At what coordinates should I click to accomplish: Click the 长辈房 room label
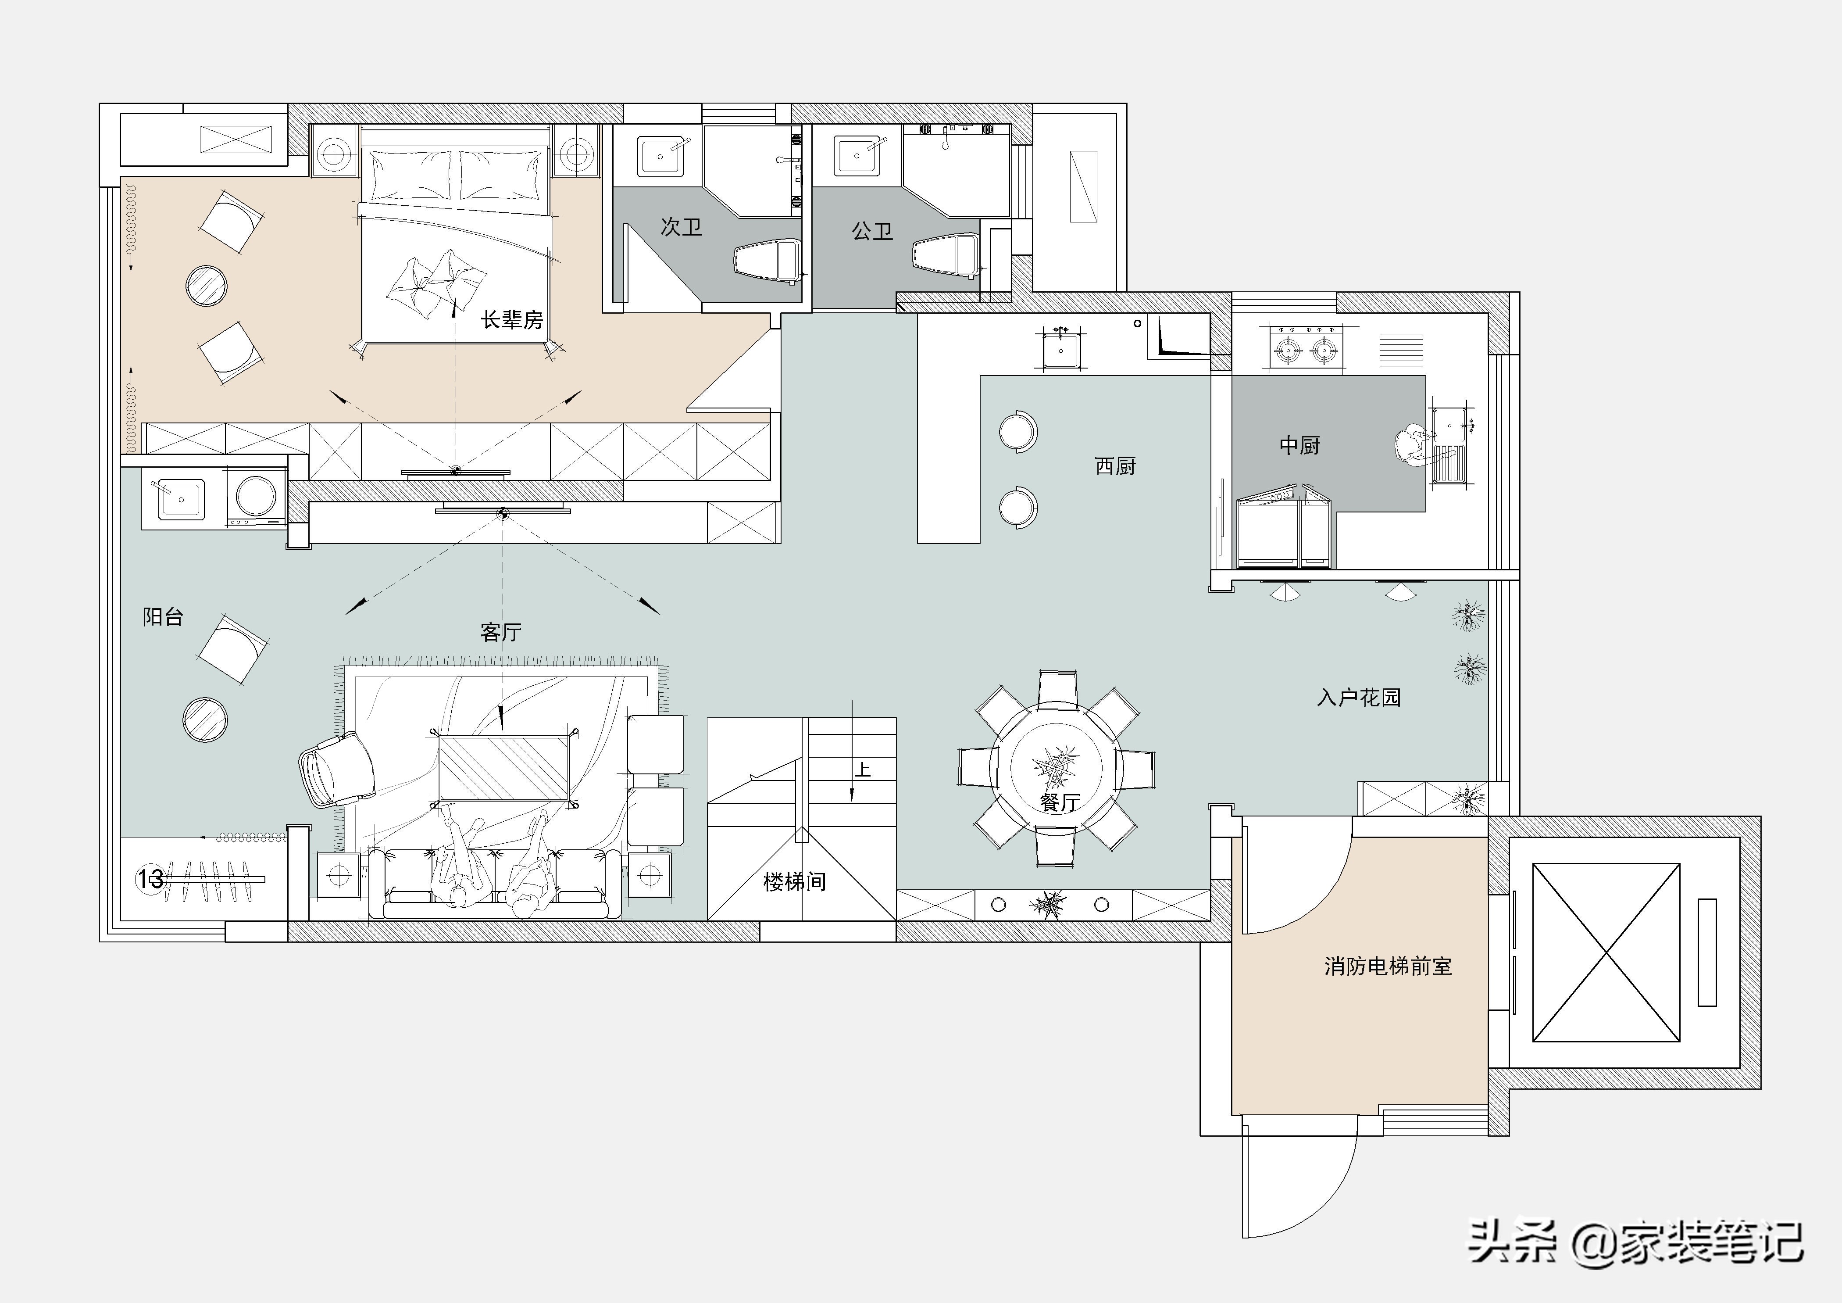coord(512,320)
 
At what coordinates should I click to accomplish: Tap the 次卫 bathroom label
coord(681,227)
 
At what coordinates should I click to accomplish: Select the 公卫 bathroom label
coord(872,231)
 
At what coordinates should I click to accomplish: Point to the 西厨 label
coord(1115,466)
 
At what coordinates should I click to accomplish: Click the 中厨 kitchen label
coord(1299,445)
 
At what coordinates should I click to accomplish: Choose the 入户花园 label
coord(1358,697)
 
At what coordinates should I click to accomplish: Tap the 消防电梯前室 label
coord(1388,966)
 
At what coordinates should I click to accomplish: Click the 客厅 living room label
coord(500,632)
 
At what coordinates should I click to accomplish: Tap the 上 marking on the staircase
coord(862,770)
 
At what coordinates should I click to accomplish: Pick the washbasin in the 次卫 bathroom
coord(661,156)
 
